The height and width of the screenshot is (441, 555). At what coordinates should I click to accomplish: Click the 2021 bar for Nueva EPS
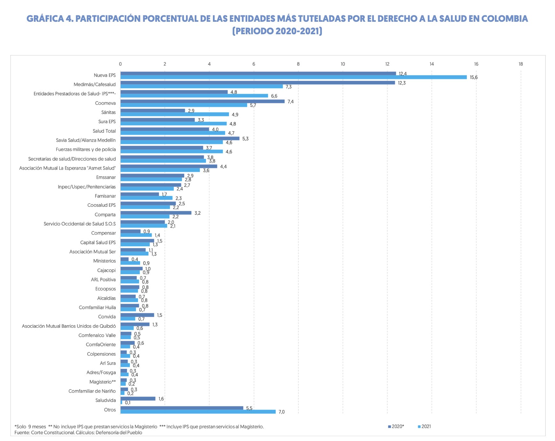(293, 77)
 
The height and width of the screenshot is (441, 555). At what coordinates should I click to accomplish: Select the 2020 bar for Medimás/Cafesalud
(258, 83)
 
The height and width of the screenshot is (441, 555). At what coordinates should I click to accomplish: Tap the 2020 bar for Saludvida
(138, 398)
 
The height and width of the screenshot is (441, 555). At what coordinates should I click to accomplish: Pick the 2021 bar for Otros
(198, 412)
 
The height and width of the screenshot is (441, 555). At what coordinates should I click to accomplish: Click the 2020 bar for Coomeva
(202, 101)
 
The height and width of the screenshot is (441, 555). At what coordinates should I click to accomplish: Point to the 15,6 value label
(473, 77)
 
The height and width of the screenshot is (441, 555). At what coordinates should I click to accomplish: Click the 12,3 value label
(402, 83)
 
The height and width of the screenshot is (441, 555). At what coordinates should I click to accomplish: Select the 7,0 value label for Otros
(281, 412)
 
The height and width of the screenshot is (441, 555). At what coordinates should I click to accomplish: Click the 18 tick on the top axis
(520, 64)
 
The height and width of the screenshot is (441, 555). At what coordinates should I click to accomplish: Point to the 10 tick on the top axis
(343, 64)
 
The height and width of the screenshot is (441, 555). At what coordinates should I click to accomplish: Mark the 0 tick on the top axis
(120, 64)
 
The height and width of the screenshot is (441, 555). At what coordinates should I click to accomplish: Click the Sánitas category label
(108, 112)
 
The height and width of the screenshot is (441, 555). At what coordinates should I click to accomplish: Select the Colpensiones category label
(101, 354)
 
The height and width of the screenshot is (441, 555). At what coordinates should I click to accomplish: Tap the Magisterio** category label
(102, 382)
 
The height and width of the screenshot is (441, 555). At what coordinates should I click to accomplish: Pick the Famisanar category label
(105, 196)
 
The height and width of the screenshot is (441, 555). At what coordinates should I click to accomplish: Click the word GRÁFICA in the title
(45, 19)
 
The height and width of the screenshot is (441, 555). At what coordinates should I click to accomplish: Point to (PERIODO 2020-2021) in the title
(277, 31)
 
